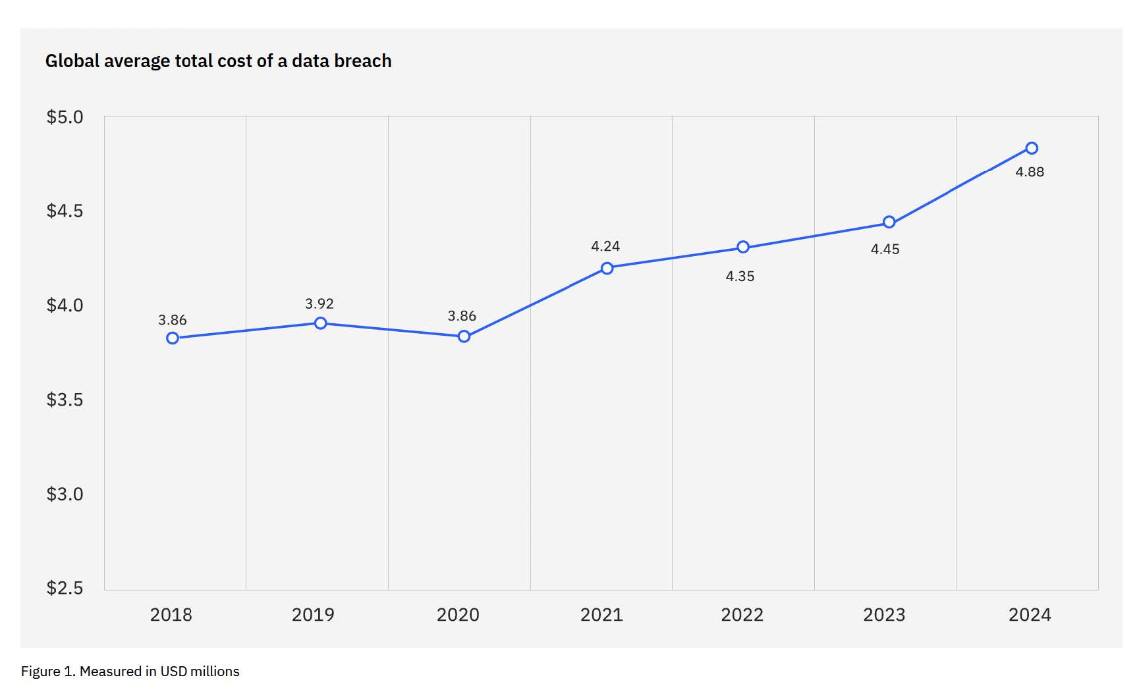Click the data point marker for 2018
(x=173, y=338)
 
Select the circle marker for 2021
(x=607, y=268)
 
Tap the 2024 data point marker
(x=1032, y=148)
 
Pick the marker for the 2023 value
(x=889, y=222)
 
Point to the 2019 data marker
(x=320, y=323)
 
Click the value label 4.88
(x=1030, y=172)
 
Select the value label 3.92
(x=319, y=303)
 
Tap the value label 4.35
(x=740, y=277)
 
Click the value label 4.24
(x=605, y=246)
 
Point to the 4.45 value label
(x=885, y=250)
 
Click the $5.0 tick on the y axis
(x=65, y=117)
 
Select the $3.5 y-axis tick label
(x=65, y=400)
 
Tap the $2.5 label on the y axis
(x=65, y=588)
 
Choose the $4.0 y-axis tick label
(x=65, y=305)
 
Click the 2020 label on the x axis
(x=458, y=615)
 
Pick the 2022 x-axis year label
(x=742, y=615)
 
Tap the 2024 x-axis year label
(x=1030, y=615)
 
